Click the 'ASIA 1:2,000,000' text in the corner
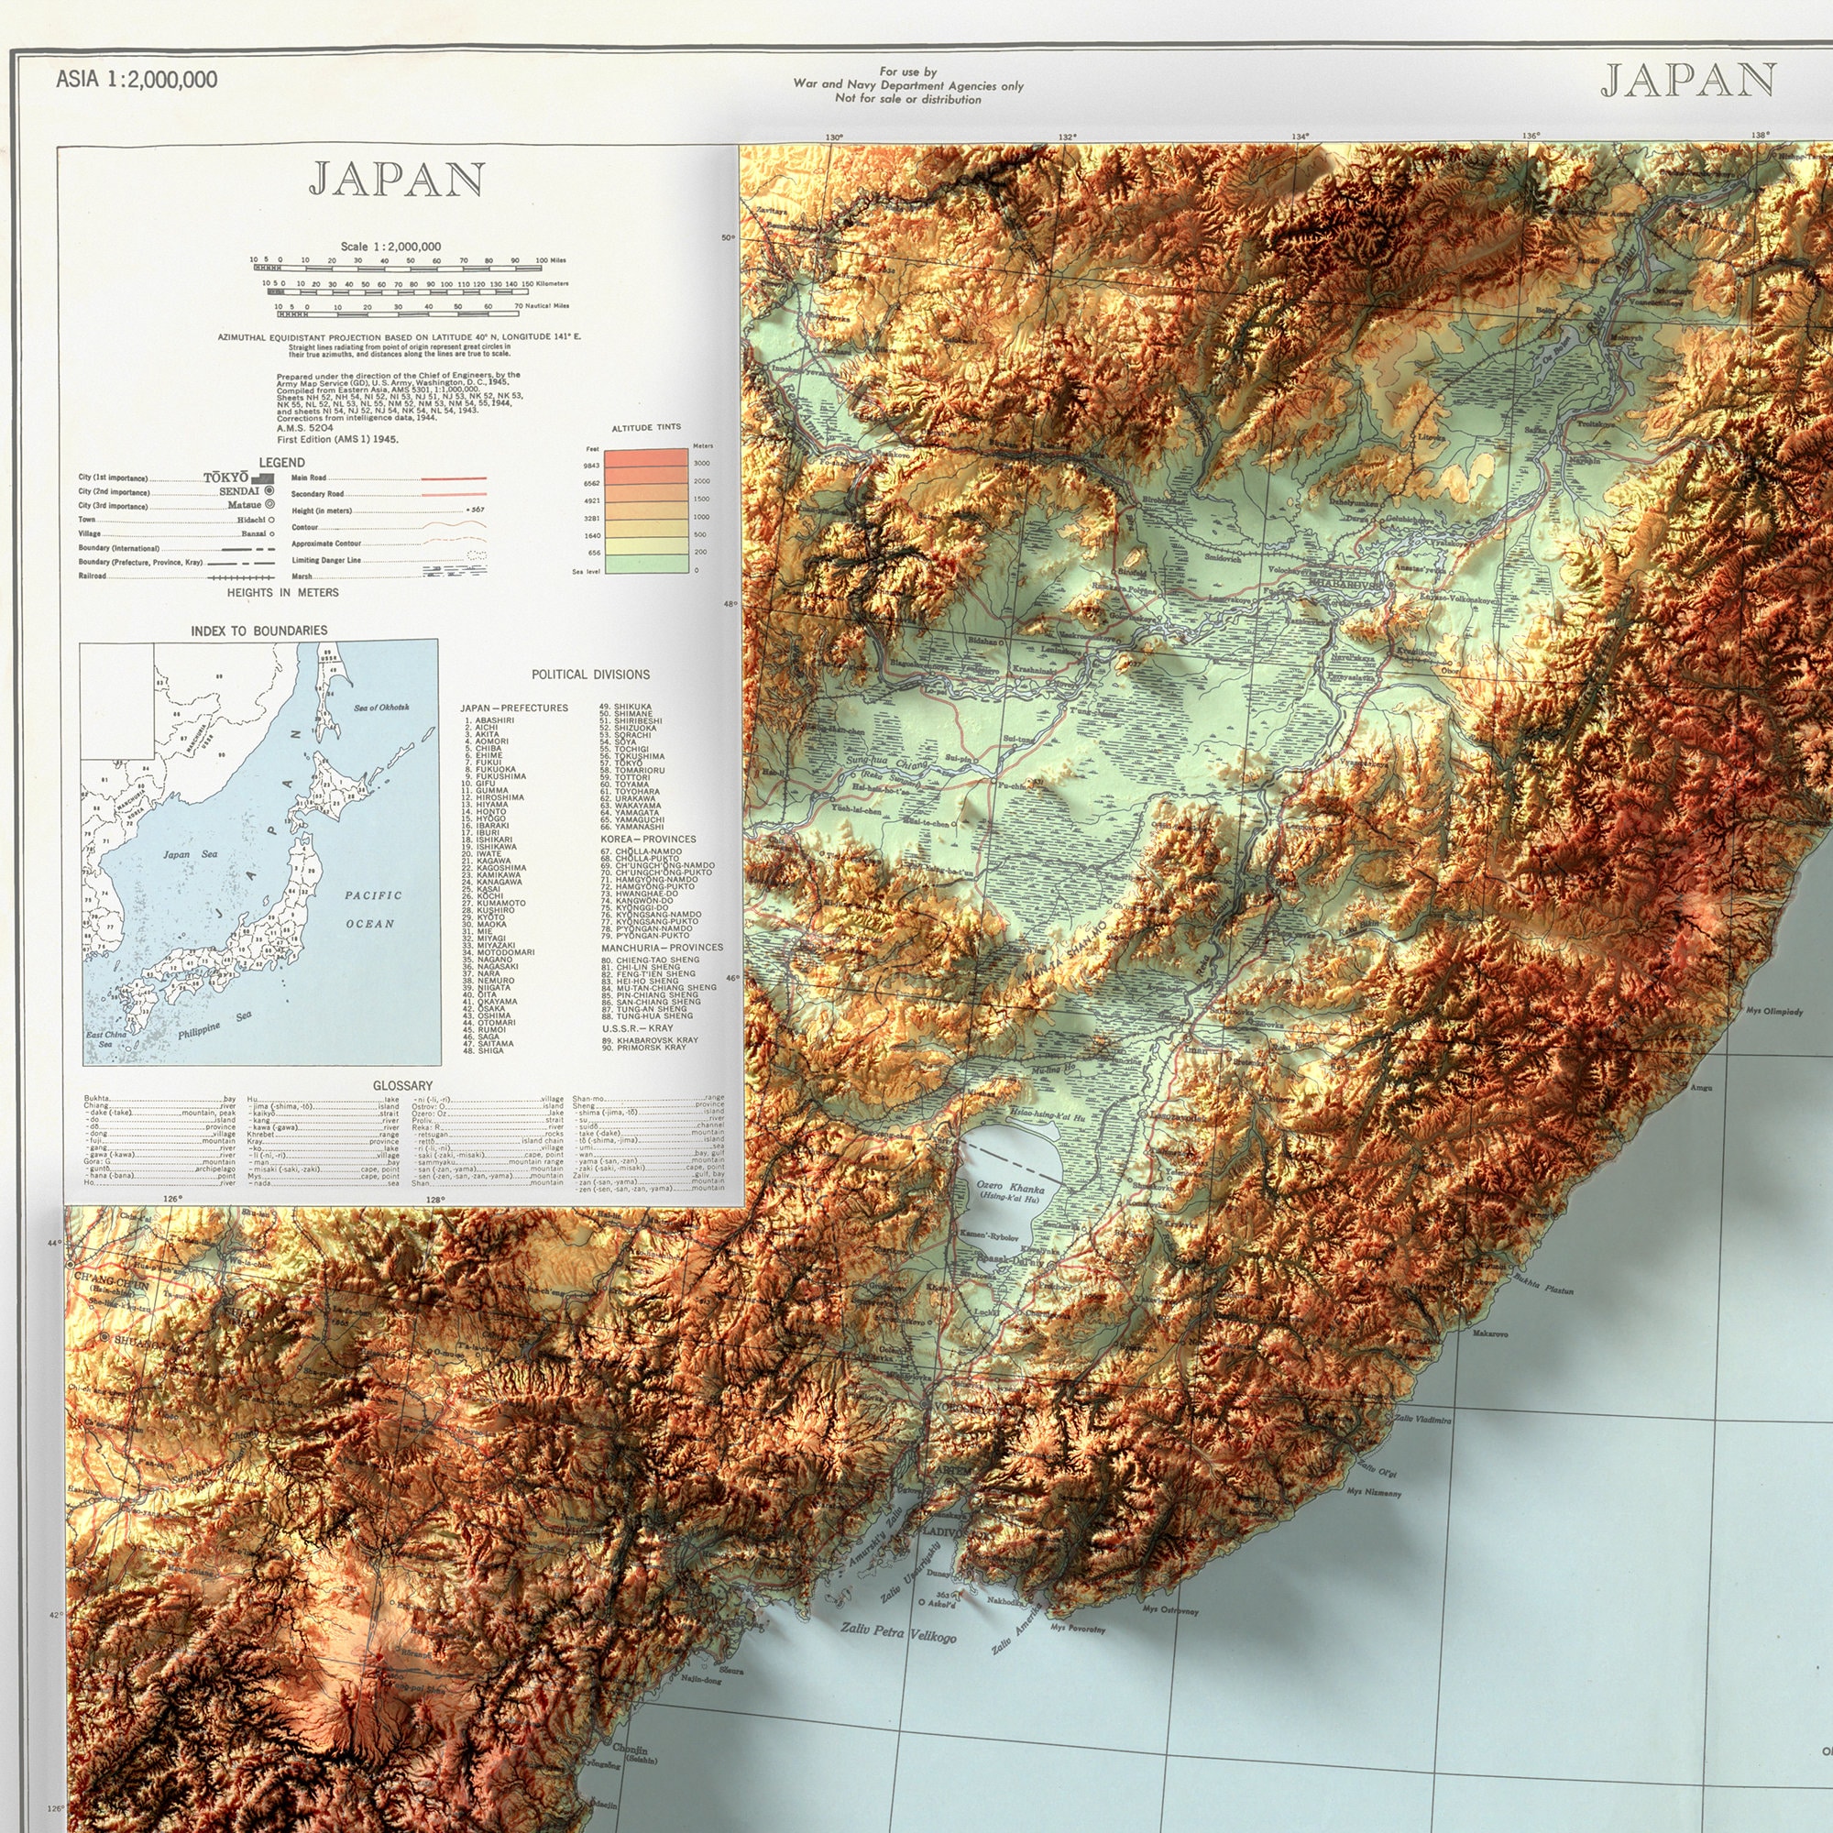point(137,80)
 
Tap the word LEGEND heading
point(281,462)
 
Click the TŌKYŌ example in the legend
point(225,477)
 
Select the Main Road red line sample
point(454,478)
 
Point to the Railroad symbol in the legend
point(241,576)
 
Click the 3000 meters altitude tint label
point(701,463)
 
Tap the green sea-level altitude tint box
point(646,565)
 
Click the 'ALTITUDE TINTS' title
point(646,428)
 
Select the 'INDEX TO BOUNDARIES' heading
point(259,631)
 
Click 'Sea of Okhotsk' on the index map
point(381,708)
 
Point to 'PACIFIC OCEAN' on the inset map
point(372,909)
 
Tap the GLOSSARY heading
point(402,1085)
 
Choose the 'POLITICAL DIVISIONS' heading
point(590,675)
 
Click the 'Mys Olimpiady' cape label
point(1774,1012)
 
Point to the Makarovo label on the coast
point(1490,1334)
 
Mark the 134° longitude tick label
point(1300,137)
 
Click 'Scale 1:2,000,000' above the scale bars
point(391,247)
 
